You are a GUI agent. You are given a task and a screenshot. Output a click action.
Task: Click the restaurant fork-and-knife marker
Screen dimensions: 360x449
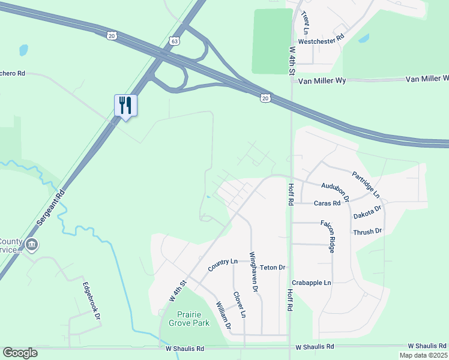pos(125,106)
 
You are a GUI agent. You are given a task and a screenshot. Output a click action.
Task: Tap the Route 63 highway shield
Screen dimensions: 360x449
pos(174,41)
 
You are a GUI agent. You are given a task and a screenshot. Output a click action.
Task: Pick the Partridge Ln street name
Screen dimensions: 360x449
pos(366,185)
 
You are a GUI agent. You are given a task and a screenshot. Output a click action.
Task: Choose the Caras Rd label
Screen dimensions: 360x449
pos(327,203)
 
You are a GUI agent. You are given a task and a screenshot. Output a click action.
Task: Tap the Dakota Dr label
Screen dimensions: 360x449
pos(367,213)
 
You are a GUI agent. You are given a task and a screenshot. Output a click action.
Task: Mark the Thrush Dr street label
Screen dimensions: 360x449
pos(367,231)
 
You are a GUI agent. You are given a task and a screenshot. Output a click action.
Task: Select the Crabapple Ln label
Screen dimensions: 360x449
pos(312,283)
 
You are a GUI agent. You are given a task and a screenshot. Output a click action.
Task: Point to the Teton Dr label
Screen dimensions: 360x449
pos(273,267)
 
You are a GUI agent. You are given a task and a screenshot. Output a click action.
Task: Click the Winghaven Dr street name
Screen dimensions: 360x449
pos(254,272)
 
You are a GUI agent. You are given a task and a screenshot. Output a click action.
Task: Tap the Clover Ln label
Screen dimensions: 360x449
pos(240,305)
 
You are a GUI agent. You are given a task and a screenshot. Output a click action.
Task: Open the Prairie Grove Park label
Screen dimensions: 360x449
pos(193,319)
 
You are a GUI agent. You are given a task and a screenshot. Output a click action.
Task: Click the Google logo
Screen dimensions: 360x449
pos(20,352)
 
